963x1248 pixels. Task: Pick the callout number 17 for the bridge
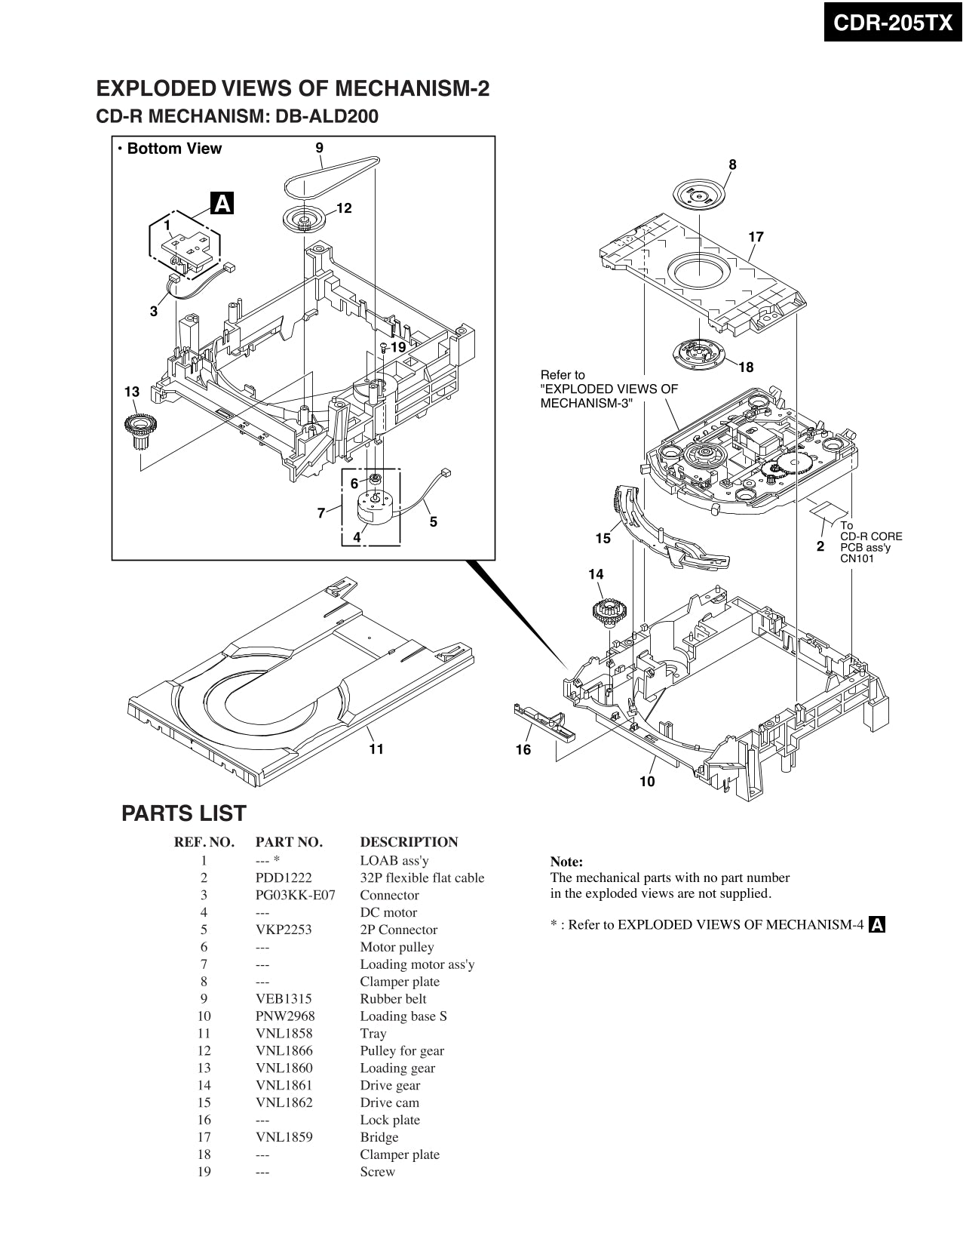click(756, 237)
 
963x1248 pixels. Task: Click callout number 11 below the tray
click(376, 748)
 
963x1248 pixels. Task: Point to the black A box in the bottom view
click(222, 204)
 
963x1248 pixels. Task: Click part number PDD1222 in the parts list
click(284, 878)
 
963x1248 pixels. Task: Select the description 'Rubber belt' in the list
click(393, 999)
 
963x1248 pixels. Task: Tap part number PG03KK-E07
click(295, 895)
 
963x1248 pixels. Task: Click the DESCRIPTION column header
click(409, 842)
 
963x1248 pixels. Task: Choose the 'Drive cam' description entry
click(389, 1102)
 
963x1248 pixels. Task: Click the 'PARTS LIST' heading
click(184, 813)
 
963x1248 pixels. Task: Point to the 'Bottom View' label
click(173, 149)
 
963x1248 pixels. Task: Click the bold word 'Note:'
click(566, 862)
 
